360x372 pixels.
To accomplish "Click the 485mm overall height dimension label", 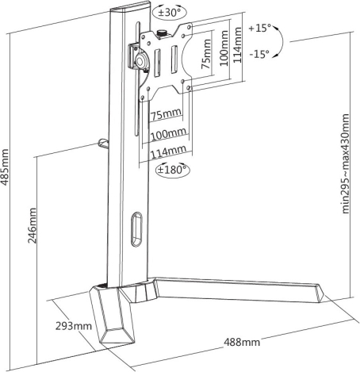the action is point(5,167).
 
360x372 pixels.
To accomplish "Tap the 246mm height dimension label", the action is point(33,225).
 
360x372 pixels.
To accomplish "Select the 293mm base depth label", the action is point(74,326).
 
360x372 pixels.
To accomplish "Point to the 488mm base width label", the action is point(242,342).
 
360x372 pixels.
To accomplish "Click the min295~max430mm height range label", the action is point(346,163).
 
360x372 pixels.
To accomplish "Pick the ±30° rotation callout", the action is point(170,12).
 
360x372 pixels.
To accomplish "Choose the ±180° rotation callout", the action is point(173,170).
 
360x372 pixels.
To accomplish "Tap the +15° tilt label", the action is point(260,28).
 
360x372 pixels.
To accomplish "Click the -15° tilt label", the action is point(259,54).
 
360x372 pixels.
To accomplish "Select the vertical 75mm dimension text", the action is point(206,54).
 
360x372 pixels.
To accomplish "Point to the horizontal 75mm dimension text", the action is point(166,114).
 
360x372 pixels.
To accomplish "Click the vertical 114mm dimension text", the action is point(237,45).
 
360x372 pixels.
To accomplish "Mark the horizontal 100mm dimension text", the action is point(168,133).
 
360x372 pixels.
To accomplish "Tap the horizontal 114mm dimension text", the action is point(168,151).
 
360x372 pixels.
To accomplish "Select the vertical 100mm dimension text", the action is point(224,48).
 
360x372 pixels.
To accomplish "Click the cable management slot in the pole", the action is point(136,228).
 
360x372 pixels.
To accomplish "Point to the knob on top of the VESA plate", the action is point(161,34).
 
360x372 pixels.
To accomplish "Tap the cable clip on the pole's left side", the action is point(103,143).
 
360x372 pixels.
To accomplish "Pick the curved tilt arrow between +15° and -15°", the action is point(282,41).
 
